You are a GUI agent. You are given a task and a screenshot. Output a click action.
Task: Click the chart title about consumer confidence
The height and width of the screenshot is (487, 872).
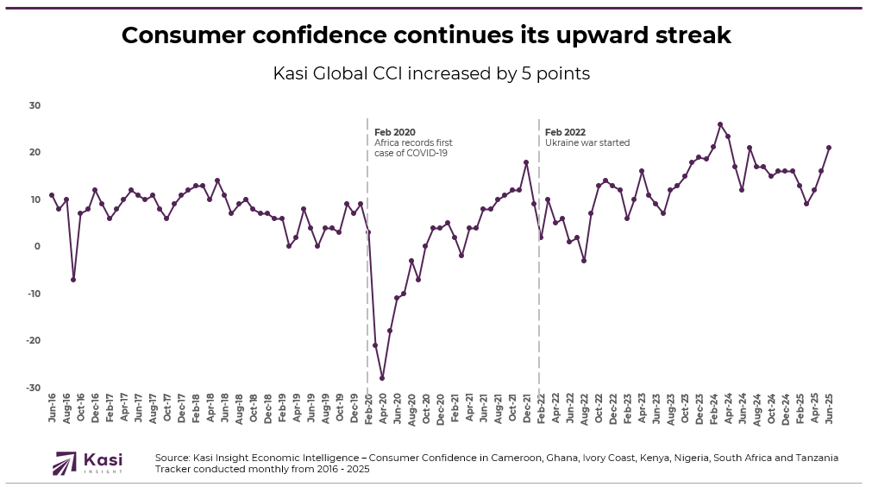[x=426, y=35]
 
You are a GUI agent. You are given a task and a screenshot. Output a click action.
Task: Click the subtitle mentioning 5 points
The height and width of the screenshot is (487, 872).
[x=431, y=73]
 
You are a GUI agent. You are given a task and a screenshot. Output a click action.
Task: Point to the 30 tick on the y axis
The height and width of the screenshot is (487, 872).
[x=35, y=105]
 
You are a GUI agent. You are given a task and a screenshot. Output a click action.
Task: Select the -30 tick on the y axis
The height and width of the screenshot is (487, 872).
[x=34, y=388]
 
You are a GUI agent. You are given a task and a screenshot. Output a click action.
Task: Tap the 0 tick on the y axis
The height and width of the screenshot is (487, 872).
[x=37, y=246]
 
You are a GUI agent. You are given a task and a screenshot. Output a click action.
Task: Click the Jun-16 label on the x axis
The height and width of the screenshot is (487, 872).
[x=52, y=408]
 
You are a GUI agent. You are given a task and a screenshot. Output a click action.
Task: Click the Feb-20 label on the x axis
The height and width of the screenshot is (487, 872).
[x=369, y=408]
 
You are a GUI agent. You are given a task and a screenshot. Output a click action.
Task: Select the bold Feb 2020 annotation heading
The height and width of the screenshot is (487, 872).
[x=394, y=132]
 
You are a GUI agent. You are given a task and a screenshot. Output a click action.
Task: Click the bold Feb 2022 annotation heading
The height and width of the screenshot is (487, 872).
[x=565, y=132]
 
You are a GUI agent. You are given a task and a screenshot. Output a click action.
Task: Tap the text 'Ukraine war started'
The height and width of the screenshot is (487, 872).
[x=587, y=142]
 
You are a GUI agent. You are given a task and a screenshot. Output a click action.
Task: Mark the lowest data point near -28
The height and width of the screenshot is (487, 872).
[x=382, y=378]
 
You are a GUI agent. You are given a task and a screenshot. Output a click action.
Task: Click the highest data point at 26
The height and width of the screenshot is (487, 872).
[x=720, y=124]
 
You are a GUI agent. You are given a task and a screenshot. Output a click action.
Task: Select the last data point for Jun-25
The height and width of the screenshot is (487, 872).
[x=829, y=148]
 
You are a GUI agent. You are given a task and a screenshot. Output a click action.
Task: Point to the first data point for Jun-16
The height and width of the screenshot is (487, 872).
[x=52, y=195]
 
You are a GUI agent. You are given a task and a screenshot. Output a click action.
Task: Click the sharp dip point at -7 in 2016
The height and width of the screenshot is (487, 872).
[x=73, y=280]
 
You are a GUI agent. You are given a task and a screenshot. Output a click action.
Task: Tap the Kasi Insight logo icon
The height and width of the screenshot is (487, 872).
[x=66, y=463]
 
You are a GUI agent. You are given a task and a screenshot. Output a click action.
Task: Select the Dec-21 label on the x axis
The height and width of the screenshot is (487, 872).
[x=527, y=408]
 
